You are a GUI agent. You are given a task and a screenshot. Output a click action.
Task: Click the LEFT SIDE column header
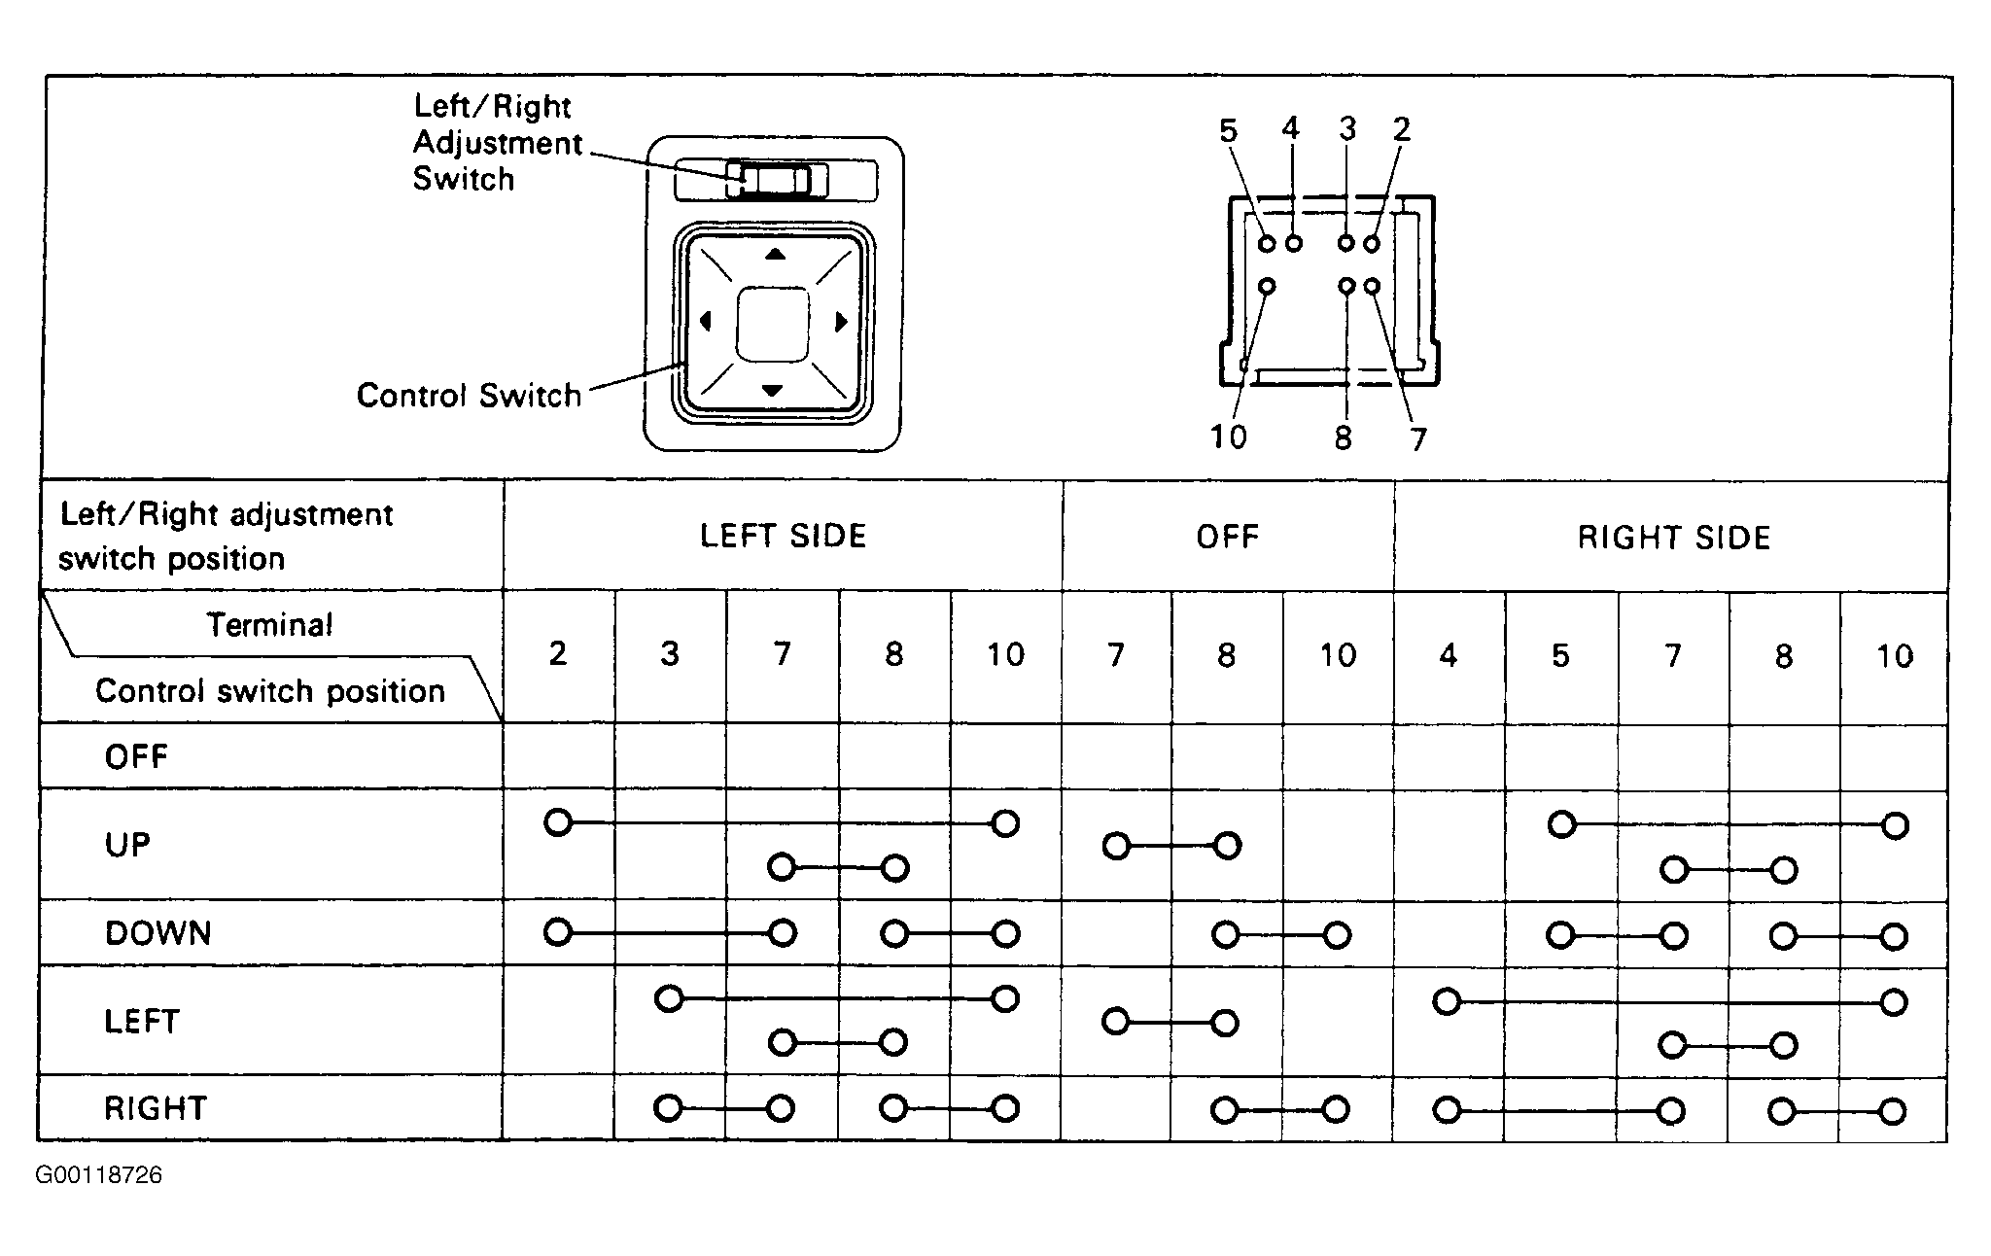coord(783,536)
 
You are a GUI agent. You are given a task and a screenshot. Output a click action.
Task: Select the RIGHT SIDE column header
coord(1673,538)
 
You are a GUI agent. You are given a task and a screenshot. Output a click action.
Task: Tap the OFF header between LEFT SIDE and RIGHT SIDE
coord(1227,537)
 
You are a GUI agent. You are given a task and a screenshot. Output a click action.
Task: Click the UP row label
coord(127,845)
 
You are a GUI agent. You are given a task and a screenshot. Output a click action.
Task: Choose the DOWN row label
coord(157,933)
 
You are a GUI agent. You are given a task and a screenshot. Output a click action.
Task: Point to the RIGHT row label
coord(156,1108)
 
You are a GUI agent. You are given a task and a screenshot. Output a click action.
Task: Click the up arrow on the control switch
coord(774,255)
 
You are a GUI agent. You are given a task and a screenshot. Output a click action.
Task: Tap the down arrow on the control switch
coord(772,391)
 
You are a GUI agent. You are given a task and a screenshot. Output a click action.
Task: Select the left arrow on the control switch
coord(706,321)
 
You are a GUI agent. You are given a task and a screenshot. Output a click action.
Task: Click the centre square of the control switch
coord(773,324)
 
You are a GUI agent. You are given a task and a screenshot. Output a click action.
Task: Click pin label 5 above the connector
coord(1229,130)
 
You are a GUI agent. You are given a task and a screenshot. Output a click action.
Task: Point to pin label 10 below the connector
coord(1228,436)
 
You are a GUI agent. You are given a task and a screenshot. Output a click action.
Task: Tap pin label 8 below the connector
coord(1343,438)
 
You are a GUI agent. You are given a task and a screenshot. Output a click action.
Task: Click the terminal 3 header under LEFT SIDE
coord(669,654)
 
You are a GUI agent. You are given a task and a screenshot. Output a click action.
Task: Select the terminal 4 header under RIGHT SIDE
coord(1448,656)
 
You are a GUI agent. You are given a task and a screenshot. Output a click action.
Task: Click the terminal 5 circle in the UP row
coord(1561,824)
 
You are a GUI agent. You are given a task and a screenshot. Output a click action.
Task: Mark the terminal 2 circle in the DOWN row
coord(557,932)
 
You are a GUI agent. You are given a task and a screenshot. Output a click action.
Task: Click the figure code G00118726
coord(99,1175)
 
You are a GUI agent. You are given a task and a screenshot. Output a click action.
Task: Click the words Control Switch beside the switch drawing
coord(469,396)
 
